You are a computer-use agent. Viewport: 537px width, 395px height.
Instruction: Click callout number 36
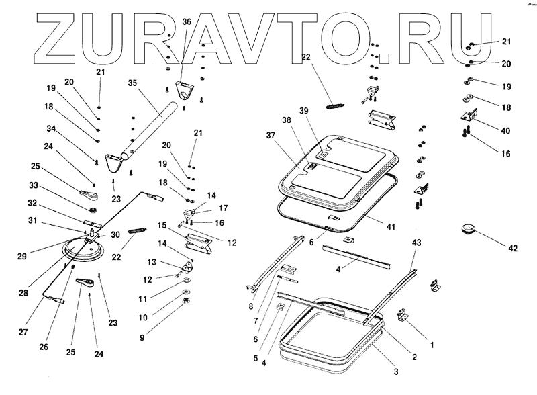click(187, 21)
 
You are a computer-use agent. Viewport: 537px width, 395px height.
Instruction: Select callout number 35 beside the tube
click(132, 83)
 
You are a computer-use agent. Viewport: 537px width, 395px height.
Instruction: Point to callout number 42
click(513, 249)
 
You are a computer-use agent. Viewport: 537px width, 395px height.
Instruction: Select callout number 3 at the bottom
click(396, 371)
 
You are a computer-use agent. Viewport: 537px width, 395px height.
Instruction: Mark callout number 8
click(250, 307)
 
